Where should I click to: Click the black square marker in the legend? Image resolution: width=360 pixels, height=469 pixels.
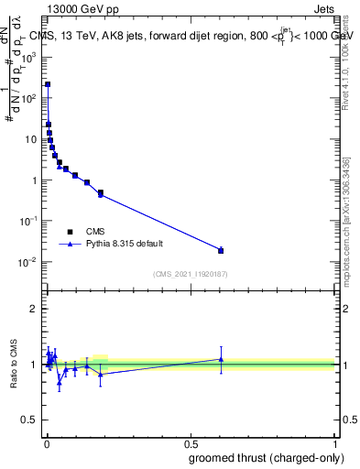71,232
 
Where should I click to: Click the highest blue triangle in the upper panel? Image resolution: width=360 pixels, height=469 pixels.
48,84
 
